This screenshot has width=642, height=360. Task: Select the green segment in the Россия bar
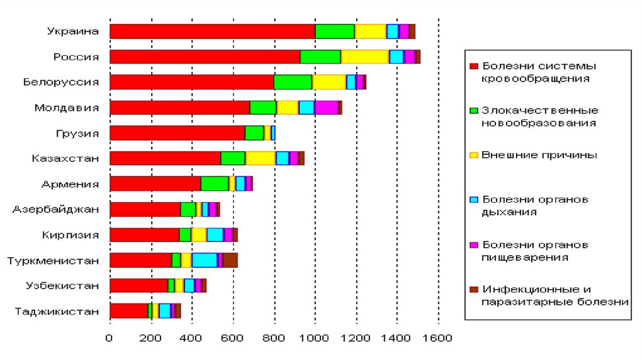click(x=320, y=56)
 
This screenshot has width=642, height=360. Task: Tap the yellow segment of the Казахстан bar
click(x=261, y=158)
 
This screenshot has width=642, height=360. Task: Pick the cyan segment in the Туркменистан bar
click(x=204, y=260)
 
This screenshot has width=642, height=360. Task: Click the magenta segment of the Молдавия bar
click(x=326, y=107)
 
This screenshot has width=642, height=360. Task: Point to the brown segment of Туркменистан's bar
click(x=230, y=260)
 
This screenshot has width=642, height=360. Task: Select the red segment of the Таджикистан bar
click(x=129, y=310)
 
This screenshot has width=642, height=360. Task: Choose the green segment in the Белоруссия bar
click(x=293, y=82)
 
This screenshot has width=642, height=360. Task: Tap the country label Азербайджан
click(x=56, y=209)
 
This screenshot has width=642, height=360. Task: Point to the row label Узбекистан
click(x=62, y=285)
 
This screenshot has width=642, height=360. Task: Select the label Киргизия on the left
click(x=71, y=235)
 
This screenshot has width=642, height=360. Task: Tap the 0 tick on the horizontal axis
click(x=110, y=339)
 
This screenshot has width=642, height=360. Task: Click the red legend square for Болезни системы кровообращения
click(x=474, y=66)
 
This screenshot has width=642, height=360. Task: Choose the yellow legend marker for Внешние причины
click(x=474, y=155)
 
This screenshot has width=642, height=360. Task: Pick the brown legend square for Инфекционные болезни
click(x=474, y=289)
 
